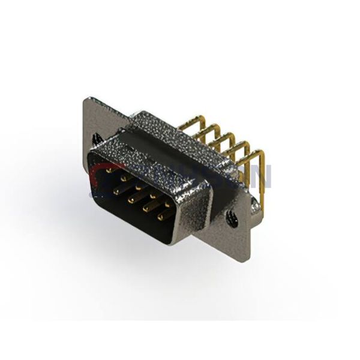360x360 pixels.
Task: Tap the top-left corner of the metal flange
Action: [87, 98]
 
